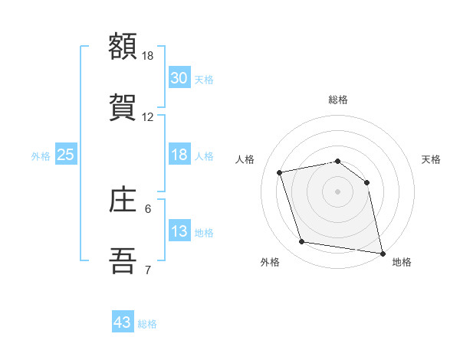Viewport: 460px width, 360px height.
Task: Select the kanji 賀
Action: (123, 106)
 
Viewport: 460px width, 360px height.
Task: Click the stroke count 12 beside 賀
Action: (148, 117)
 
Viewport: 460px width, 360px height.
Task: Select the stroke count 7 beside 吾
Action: (148, 270)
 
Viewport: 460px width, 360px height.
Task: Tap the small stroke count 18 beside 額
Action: (148, 56)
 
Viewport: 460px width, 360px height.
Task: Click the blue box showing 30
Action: (179, 78)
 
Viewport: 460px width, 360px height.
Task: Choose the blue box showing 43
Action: (123, 322)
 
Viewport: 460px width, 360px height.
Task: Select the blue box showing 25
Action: (66, 155)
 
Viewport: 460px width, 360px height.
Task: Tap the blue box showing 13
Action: (179, 231)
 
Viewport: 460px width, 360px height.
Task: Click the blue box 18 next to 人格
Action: (179, 155)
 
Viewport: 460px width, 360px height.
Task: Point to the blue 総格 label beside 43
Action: (147, 324)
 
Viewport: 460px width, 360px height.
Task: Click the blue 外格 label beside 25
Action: (41, 156)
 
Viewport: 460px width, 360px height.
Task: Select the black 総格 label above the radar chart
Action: (338, 100)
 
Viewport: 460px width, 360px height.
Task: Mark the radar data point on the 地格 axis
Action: (382, 253)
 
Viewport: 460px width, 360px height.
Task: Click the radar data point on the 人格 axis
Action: (280, 172)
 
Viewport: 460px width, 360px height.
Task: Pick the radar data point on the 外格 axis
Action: (302, 242)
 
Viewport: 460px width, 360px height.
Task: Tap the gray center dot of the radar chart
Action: (338, 191)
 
